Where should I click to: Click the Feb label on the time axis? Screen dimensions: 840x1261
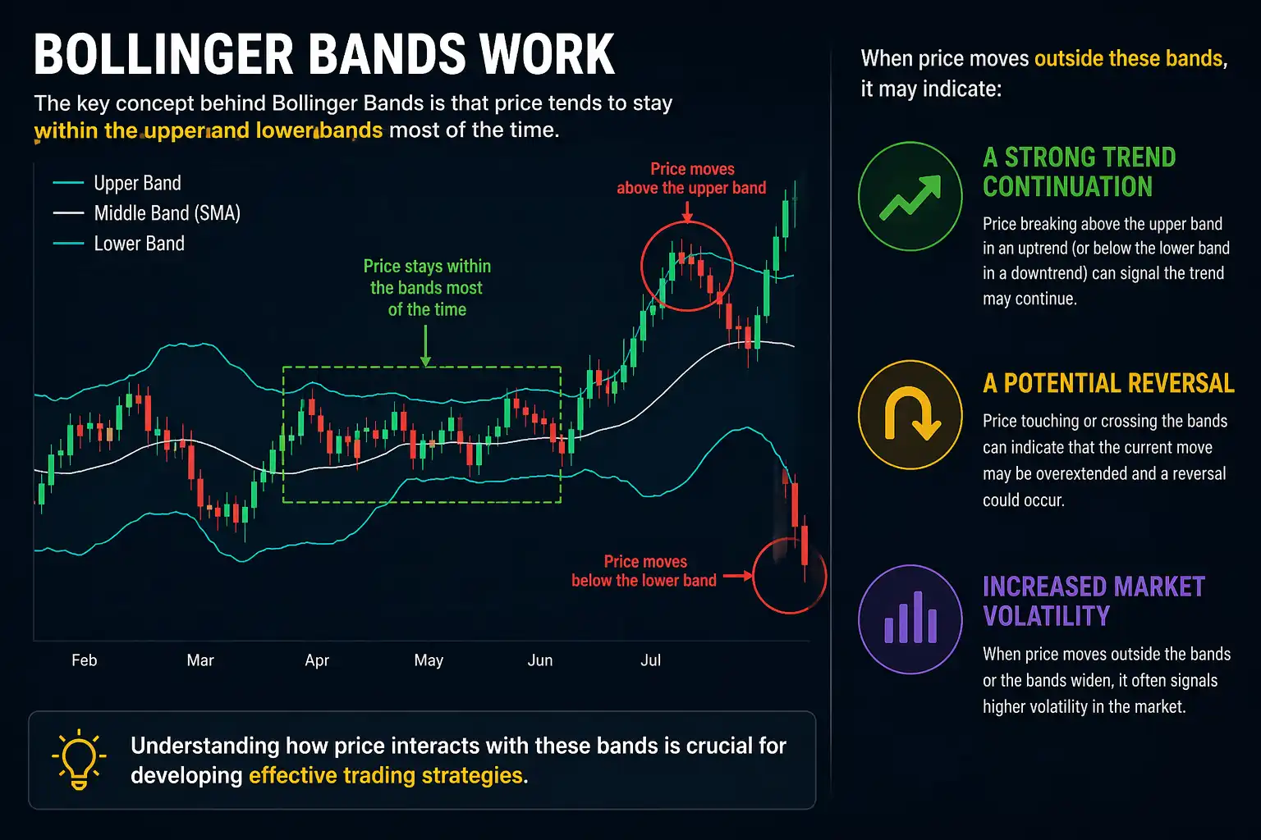[84, 660]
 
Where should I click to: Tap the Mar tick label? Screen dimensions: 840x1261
[200, 660]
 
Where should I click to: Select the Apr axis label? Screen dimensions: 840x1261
[317, 660]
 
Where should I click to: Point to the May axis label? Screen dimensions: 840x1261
[429, 660]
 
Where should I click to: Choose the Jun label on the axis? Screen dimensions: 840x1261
[540, 660]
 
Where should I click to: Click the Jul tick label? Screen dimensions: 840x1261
[650, 660]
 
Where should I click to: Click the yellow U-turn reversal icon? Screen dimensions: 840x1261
[910, 414]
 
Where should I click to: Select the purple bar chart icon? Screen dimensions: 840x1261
[910, 619]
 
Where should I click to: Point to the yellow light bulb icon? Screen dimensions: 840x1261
[79, 759]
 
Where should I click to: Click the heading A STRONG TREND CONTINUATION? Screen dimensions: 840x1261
[1079, 171]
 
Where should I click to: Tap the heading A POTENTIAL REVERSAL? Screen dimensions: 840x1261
[1108, 383]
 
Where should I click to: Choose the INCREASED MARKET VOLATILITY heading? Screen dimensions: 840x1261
[1094, 601]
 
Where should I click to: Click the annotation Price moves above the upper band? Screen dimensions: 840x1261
[691, 178]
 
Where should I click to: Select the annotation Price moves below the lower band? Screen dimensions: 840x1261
[644, 571]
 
